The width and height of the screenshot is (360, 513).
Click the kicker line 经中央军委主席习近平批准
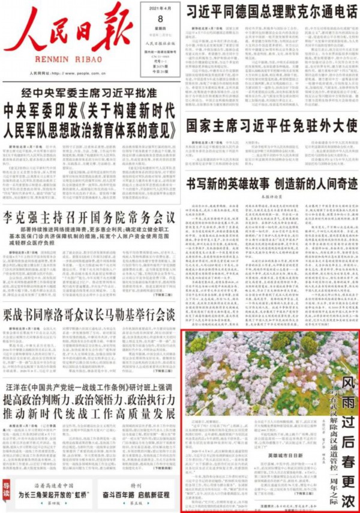[90, 92]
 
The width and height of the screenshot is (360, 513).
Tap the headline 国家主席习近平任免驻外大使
[271, 127]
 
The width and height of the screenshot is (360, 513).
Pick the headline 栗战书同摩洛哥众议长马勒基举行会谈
[89, 314]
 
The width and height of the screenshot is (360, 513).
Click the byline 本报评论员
[271, 197]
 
